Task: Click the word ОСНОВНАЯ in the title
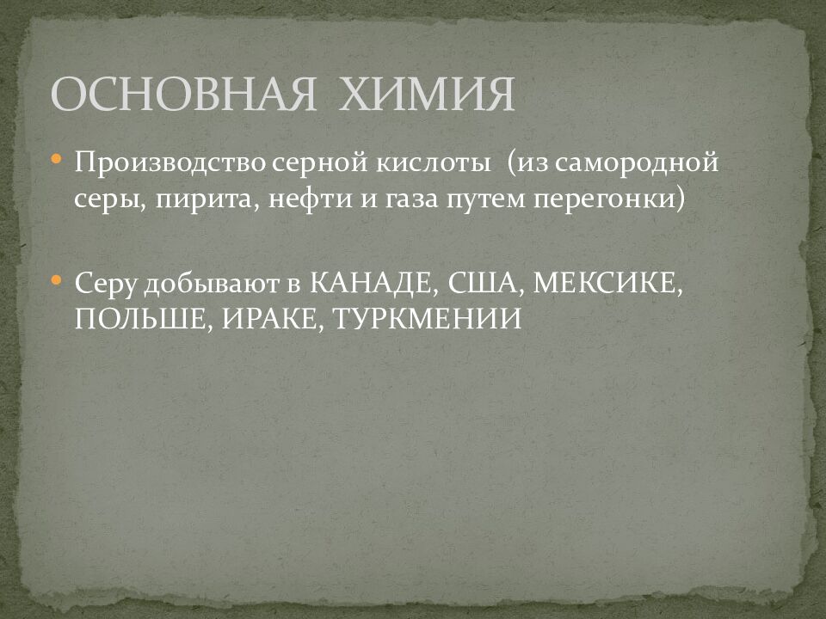(x=184, y=95)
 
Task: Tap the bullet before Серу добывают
(x=56, y=280)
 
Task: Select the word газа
(x=415, y=199)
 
